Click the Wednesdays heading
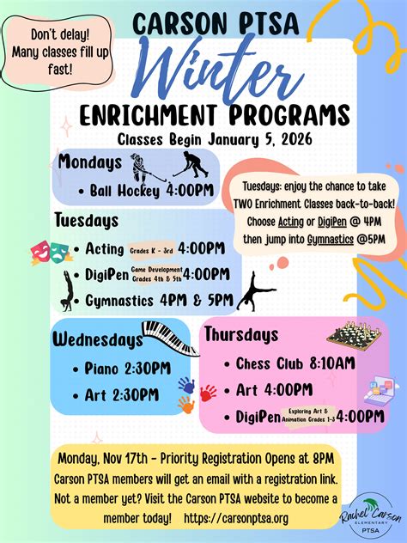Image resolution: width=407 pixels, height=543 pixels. coord(98,339)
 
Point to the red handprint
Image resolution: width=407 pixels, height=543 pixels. coord(208,393)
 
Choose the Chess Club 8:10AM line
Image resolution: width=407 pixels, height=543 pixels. coord(295,363)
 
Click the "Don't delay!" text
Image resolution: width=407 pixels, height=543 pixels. coord(48,35)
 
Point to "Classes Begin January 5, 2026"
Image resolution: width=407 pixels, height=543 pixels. coord(203,137)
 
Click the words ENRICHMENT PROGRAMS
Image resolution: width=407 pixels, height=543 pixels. coord(203,115)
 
